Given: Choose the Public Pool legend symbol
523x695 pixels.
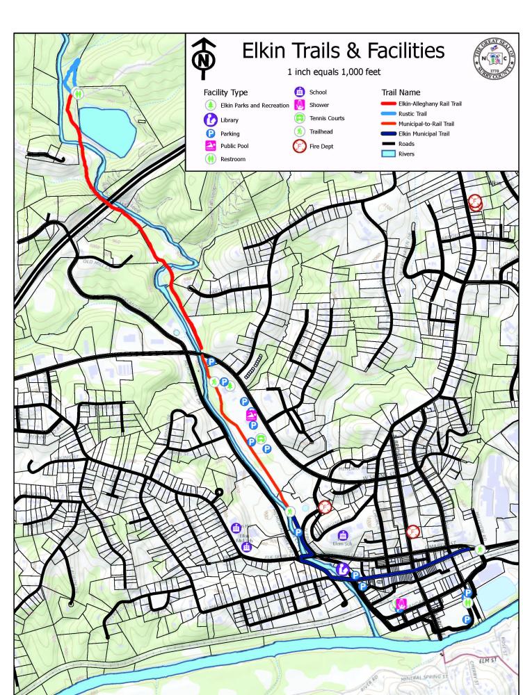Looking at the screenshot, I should (210, 146).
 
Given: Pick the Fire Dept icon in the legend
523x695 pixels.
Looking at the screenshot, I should (300, 146).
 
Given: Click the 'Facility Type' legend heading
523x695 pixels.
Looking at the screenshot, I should (225, 92).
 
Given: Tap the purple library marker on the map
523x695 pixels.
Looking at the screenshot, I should (342, 569).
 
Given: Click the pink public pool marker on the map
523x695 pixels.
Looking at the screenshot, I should (251, 416).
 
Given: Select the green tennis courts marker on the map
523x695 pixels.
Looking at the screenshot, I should (259, 438).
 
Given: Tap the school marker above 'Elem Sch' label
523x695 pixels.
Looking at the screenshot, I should (341, 535).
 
